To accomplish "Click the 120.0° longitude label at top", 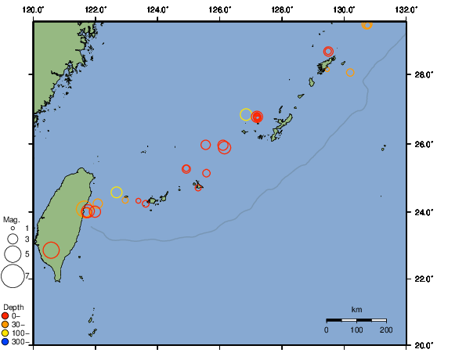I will point(34,9).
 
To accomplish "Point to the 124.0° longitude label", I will point(157,9).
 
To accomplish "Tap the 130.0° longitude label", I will point(343,9).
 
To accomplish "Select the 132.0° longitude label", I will point(404,9).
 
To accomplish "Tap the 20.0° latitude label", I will point(422,344).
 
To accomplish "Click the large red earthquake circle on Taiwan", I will point(51,250).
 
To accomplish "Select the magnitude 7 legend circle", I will point(13,276).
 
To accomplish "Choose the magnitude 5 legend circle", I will point(13,254).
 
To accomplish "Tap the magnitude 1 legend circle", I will point(13,228).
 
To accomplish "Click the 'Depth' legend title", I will point(13,306).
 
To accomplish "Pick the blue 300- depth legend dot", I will point(5,342).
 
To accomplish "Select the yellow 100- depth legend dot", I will point(5,333).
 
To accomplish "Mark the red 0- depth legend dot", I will point(5,315).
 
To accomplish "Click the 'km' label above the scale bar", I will point(356,310).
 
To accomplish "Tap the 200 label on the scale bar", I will point(385,329).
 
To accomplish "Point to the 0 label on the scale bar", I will point(327,329).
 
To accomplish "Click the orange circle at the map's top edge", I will point(367,25).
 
